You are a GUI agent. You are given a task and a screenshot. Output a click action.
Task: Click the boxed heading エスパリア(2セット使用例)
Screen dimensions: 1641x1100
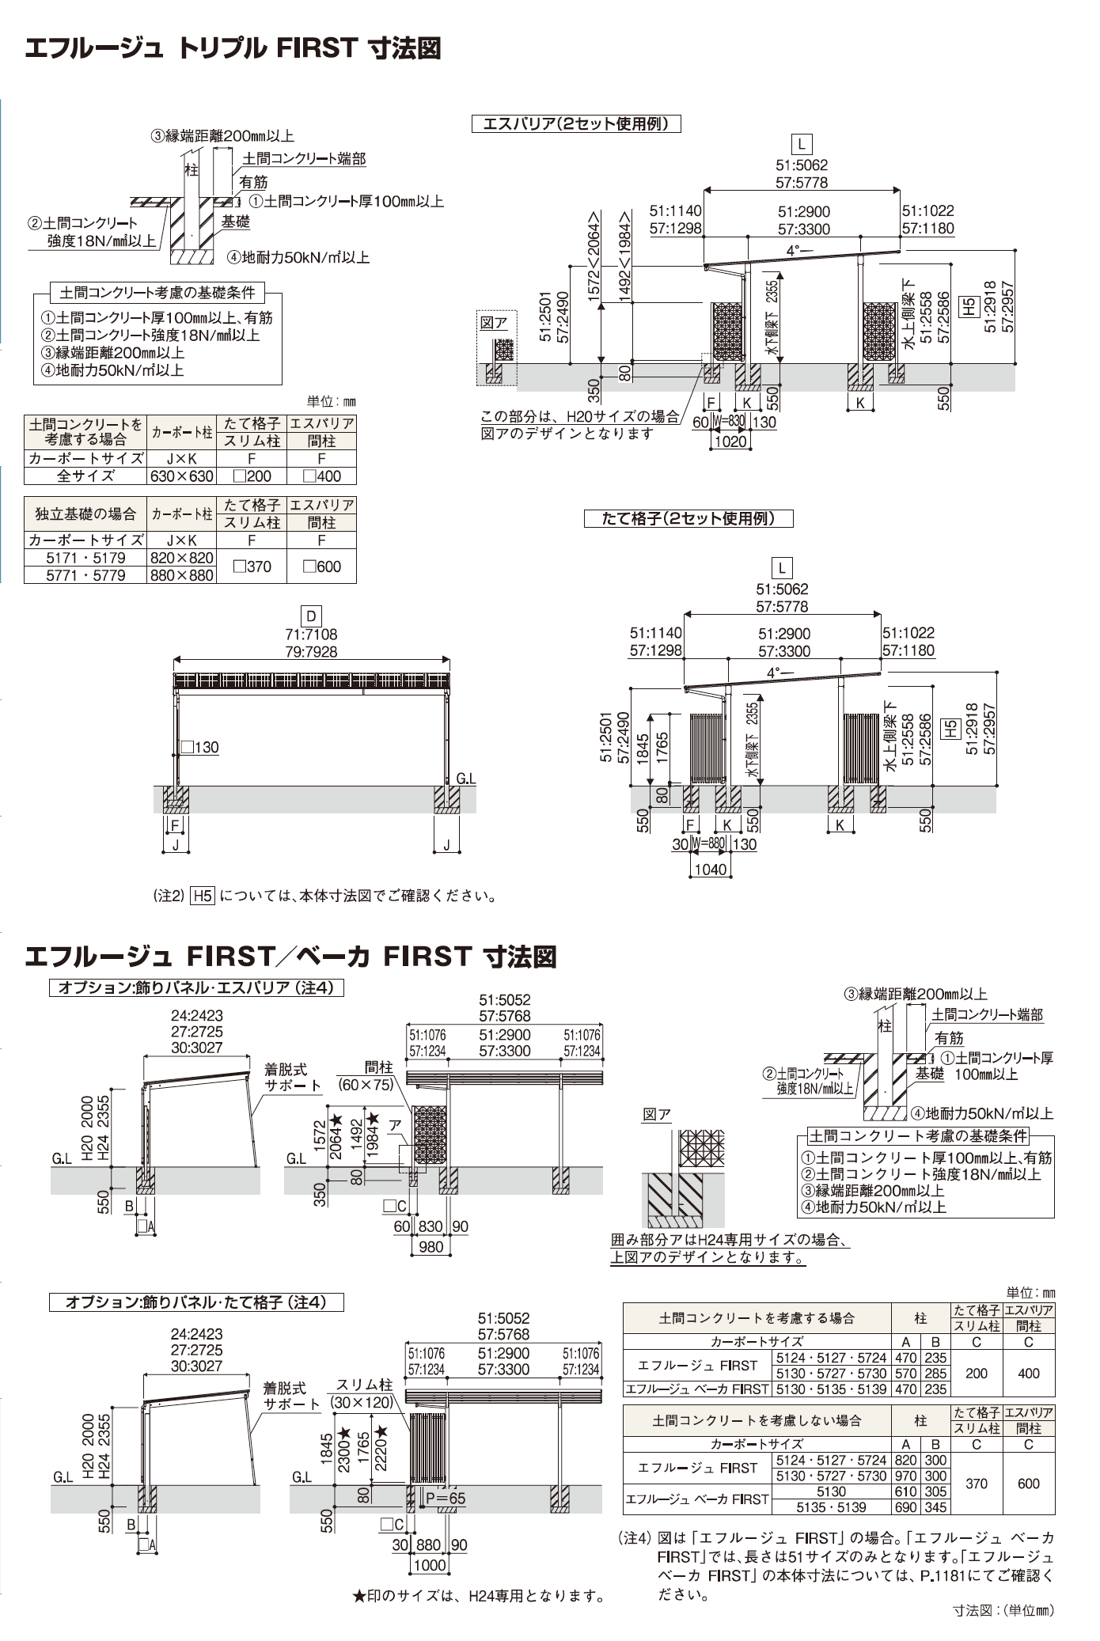576,124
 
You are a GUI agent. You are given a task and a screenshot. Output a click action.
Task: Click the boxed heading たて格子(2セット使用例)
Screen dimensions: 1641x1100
688,519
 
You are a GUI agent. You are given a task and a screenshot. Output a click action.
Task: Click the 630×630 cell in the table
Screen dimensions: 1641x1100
182,476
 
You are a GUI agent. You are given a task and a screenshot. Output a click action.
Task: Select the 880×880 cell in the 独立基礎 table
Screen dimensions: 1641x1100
182,575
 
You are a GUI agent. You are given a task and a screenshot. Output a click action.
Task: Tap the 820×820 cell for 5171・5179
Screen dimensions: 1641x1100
182,558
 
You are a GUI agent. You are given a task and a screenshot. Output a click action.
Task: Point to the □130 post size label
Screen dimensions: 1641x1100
200,747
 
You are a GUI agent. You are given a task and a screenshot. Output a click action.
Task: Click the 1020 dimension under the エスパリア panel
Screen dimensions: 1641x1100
730,442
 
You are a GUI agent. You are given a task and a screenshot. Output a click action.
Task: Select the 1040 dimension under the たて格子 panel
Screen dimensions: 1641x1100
710,869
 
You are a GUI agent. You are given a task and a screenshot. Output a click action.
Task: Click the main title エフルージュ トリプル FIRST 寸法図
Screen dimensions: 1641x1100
233,49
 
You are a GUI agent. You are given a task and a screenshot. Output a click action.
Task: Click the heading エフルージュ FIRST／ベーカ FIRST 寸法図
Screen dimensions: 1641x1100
290,957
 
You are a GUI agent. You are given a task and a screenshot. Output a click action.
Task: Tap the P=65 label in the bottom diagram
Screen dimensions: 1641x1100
446,1497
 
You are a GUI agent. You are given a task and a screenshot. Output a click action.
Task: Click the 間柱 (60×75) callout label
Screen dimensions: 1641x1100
366,1077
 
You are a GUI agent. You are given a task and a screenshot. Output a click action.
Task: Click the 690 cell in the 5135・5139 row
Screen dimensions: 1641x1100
905,1508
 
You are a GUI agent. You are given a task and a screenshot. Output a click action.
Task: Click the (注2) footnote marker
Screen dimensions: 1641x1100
168,896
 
